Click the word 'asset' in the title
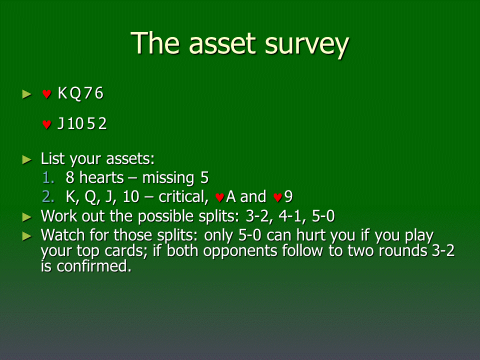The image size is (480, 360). [x=222, y=44]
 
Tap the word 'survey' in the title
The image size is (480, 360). [x=306, y=46]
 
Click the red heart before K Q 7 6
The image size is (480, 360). [x=46, y=93]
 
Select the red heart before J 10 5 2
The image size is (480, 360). [x=46, y=124]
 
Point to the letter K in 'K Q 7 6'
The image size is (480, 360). [x=62, y=93]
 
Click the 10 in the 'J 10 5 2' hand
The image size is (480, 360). [x=75, y=123]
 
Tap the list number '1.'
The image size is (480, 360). [x=48, y=177]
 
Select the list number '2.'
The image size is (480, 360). [x=48, y=196]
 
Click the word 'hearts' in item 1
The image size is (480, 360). [x=101, y=177]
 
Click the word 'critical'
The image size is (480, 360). [x=183, y=197]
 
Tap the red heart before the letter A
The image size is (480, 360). [x=219, y=197]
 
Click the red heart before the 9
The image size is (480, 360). [x=277, y=197]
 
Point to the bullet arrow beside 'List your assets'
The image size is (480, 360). [x=27, y=159]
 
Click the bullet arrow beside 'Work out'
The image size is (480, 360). [x=27, y=217]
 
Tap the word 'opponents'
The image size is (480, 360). [x=241, y=251]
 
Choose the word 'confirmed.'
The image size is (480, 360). [x=93, y=266]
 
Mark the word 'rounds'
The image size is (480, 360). [x=402, y=250]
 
